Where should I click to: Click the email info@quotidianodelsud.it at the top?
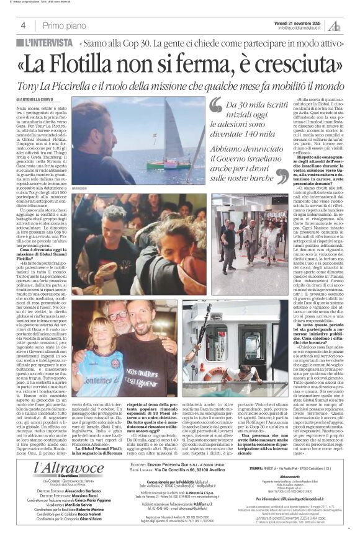302,28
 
